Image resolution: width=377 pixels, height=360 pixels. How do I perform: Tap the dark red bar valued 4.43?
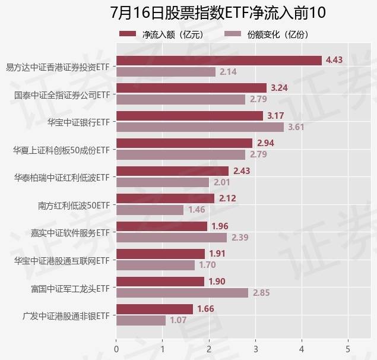click(x=218, y=60)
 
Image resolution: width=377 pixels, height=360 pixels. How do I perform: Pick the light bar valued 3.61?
click(x=200, y=127)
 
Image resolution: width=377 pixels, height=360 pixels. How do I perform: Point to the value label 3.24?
click(x=279, y=88)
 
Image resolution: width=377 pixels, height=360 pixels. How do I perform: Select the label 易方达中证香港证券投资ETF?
click(x=58, y=67)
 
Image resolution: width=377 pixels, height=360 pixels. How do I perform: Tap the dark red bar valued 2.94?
click(x=184, y=143)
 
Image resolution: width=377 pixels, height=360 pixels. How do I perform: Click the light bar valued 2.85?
click(x=182, y=293)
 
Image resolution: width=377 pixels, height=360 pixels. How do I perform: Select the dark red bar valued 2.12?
click(x=165, y=198)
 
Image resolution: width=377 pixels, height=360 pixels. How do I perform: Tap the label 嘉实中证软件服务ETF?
click(x=71, y=232)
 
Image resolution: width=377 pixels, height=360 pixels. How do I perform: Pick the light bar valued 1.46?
click(x=150, y=210)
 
